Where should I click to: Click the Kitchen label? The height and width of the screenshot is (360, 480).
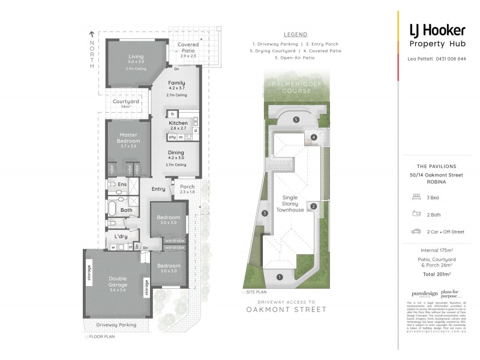(x=178, y=123)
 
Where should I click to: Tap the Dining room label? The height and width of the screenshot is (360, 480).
(x=176, y=153)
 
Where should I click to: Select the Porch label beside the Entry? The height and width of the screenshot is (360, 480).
(x=187, y=187)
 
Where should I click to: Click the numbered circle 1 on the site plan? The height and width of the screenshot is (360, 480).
(x=279, y=277)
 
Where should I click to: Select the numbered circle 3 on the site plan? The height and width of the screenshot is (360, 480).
(x=264, y=213)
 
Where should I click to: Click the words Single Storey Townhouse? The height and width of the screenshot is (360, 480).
(x=290, y=203)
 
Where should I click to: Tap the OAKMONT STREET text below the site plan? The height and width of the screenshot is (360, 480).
(x=287, y=310)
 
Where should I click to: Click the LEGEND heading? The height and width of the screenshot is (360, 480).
(x=295, y=35)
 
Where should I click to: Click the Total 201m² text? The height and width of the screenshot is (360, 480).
(x=437, y=273)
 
